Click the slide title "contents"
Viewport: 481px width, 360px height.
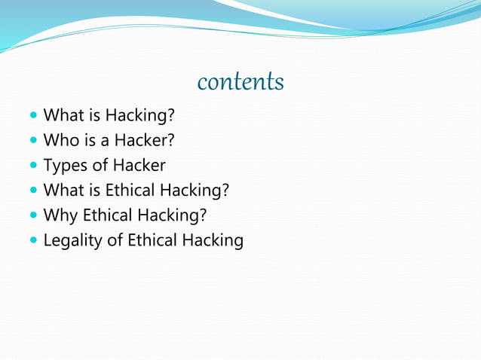pyautogui.click(x=240, y=81)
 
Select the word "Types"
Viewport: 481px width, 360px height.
pyautogui.click(x=65, y=166)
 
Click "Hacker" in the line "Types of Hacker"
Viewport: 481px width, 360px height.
pyautogui.click(x=139, y=165)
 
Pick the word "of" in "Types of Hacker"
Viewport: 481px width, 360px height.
pyautogui.click(x=100, y=165)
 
